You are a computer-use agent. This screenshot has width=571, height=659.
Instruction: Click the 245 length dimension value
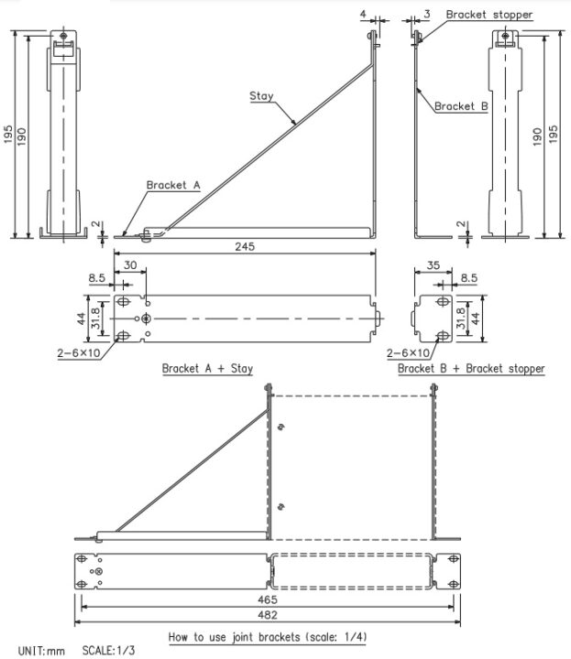pyautogui.click(x=243, y=246)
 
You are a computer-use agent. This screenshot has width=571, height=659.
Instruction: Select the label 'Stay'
pyautogui.click(x=261, y=95)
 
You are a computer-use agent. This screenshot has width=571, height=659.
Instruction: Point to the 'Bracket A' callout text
pyautogui.click(x=172, y=185)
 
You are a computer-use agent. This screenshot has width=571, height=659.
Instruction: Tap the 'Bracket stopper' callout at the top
pyautogui.click(x=489, y=16)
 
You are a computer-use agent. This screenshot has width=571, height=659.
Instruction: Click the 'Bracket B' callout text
pyautogui.click(x=461, y=107)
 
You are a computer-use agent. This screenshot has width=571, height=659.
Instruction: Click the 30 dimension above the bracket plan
pyautogui.click(x=132, y=265)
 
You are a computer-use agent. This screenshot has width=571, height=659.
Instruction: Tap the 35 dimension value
pyautogui.click(x=434, y=265)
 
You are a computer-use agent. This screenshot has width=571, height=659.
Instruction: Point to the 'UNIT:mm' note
pyautogui.click(x=41, y=651)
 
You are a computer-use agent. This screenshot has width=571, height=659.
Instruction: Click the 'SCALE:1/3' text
pyautogui.click(x=109, y=651)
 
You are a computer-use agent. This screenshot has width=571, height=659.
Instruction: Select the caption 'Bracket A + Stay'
pyautogui.click(x=207, y=369)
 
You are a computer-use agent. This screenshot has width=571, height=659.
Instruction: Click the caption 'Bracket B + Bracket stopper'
pyautogui.click(x=471, y=369)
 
